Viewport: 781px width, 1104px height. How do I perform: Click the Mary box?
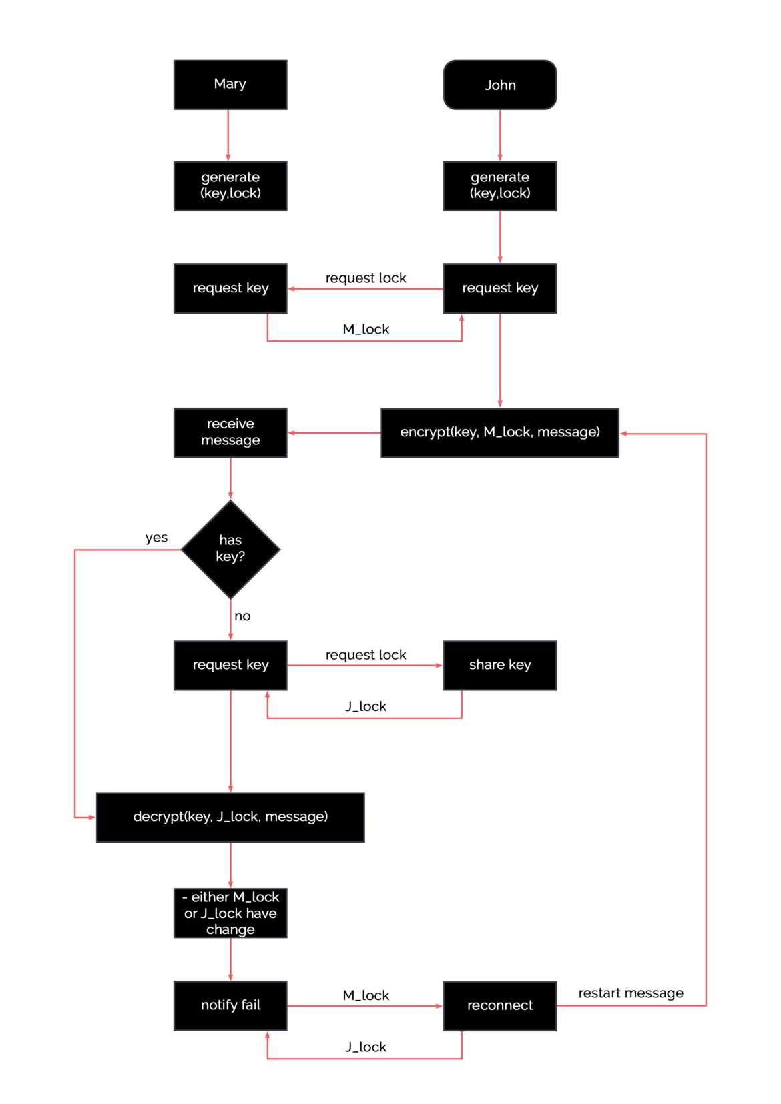[230, 85]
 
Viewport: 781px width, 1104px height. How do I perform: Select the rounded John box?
[500, 85]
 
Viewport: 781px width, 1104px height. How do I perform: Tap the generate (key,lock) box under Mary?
[230, 186]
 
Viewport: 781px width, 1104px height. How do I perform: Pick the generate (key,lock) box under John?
[500, 186]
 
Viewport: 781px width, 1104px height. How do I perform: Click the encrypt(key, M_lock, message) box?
[500, 432]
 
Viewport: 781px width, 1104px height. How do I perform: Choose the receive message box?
[230, 432]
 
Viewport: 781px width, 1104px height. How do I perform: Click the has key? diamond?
[230, 549]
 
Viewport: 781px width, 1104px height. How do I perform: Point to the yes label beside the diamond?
[156, 538]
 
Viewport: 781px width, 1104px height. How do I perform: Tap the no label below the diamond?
[242, 616]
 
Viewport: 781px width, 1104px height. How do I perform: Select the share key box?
[500, 665]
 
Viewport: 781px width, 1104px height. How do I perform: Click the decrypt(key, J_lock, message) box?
[230, 817]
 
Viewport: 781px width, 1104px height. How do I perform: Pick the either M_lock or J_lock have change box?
[230, 913]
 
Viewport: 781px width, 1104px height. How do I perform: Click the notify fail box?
[230, 1005]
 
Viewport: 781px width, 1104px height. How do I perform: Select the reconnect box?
[500, 1005]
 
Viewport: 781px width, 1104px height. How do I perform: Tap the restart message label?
[631, 993]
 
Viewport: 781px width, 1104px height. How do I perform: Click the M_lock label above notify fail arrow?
[366, 995]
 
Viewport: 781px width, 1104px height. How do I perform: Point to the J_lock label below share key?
[366, 706]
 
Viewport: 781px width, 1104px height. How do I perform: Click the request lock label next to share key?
[366, 655]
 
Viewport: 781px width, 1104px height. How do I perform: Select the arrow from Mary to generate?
[228, 135]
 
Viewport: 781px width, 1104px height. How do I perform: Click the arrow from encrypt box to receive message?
[334, 433]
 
